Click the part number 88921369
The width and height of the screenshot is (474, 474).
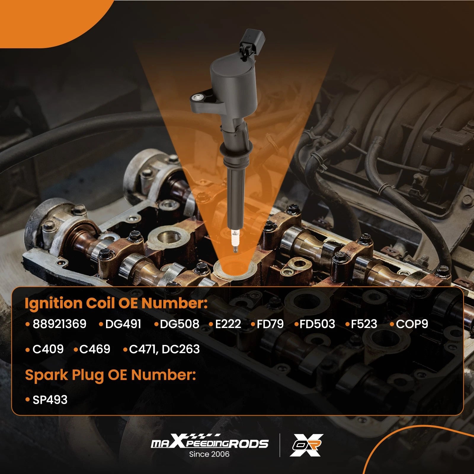[x=59, y=324]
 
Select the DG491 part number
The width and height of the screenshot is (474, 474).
[x=123, y=324]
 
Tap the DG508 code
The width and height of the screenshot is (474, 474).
[x=180, y=324]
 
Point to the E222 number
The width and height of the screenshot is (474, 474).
[x=228, y=324]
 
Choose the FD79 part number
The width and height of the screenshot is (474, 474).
[x=270, y=324]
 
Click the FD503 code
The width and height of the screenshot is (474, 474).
[x=317, y=324]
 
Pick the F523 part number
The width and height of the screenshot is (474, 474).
[x=364, y=324]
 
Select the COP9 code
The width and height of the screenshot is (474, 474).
[x=412, y=324]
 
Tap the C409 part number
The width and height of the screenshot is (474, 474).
[x=48, y=349]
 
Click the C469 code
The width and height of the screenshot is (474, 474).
[x=95, y=349]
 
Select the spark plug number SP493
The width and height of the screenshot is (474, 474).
[x=50, y=400]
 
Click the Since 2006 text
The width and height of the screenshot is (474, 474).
[x=209, y=454]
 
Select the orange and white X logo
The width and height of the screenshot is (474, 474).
[x=307, y=445]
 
